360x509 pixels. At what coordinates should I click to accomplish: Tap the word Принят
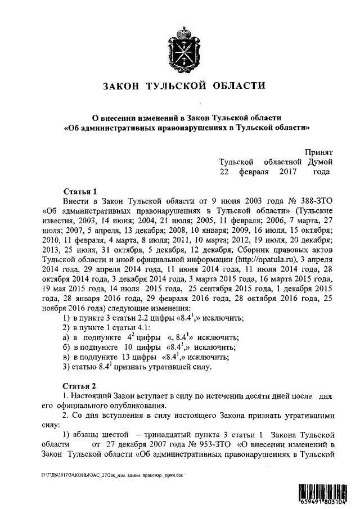[319, 152]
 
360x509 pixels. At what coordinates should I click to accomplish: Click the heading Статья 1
[81, 191]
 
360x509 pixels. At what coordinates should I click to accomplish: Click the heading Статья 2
[81, 386]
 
